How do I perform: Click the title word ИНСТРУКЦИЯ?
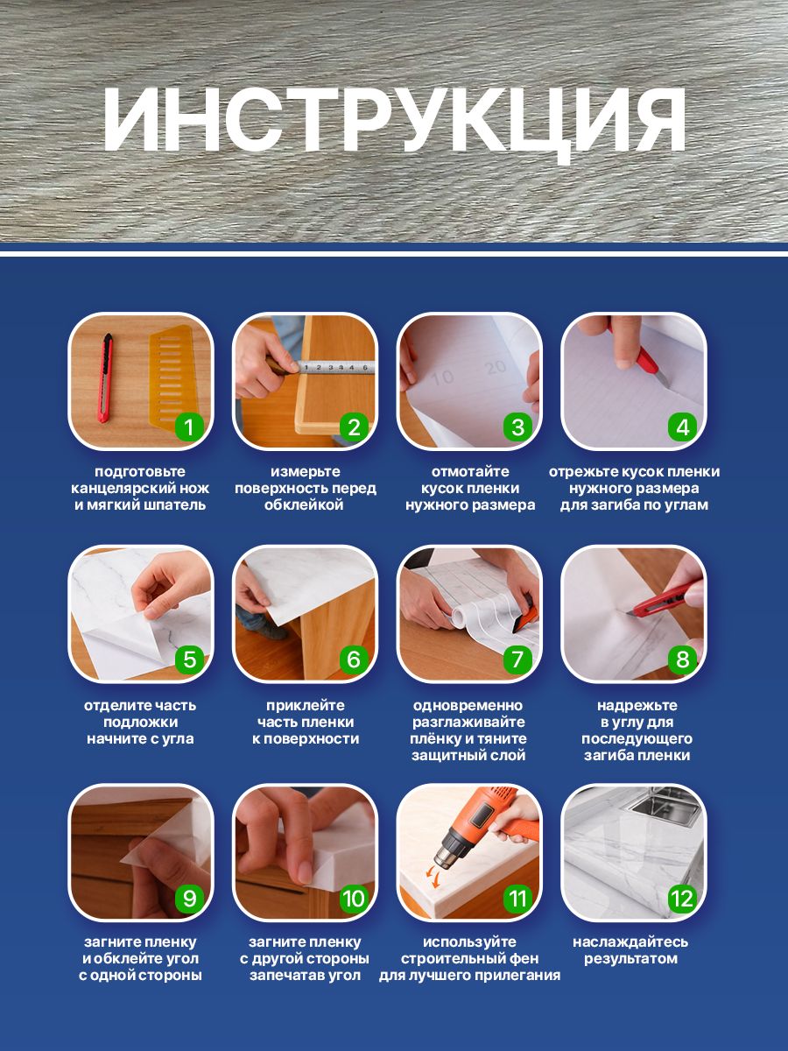pos(394,122)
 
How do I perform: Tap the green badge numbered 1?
pos(189,427)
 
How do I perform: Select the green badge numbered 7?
pos(517,660)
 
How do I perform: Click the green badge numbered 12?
pos(682,899)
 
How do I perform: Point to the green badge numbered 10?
pos(354,899)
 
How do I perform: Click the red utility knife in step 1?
pos(105,378)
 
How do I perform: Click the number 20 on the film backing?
pos(496,367)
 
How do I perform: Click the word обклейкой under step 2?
pos(305,505)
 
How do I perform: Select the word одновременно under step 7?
pos(468,705)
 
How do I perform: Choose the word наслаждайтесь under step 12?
pos(630,942)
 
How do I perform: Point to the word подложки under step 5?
pos(141,722)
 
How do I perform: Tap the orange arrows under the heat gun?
pos(433,878)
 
